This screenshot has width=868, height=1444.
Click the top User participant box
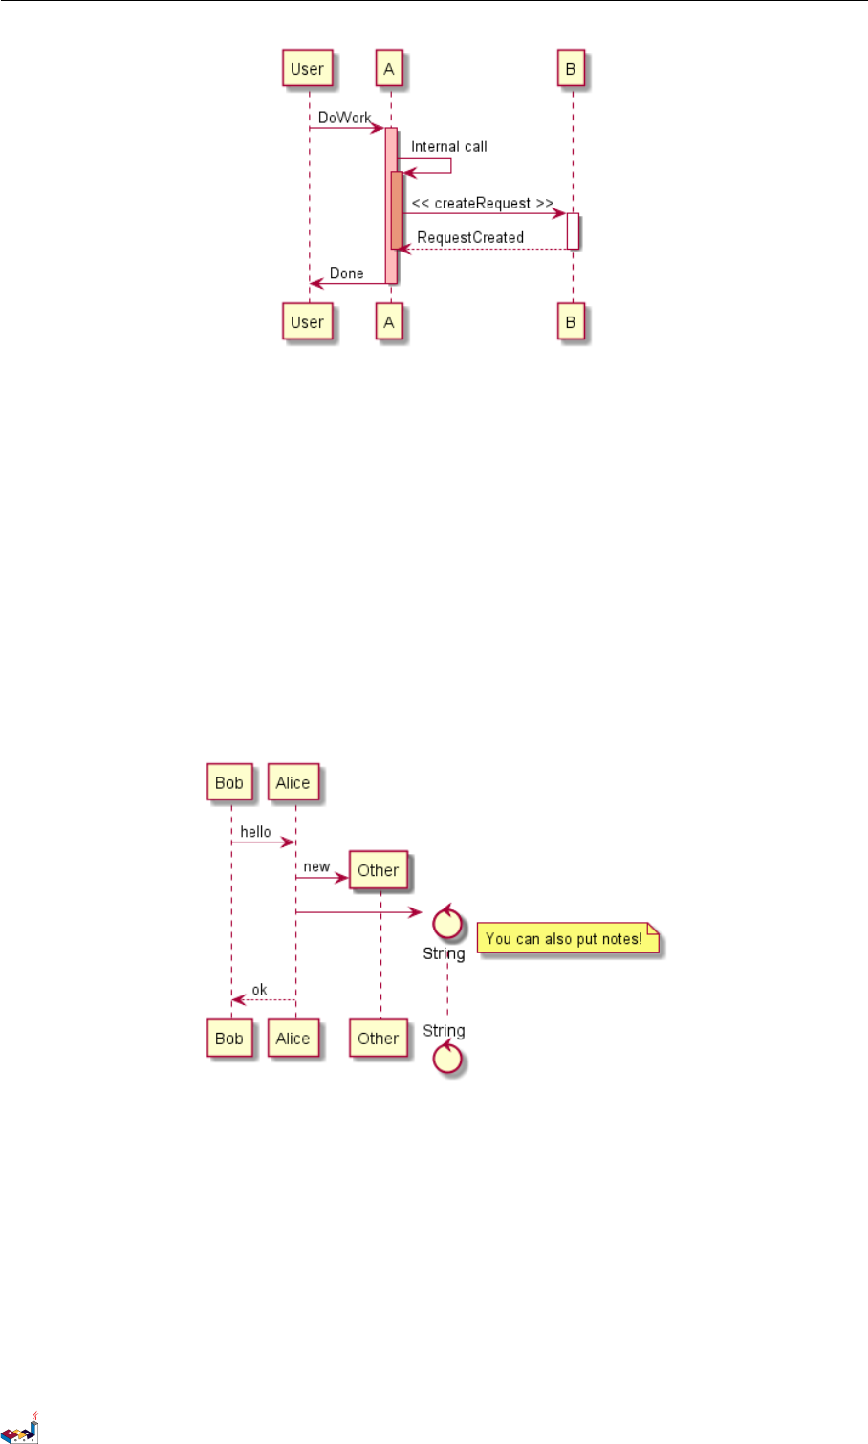(x=307, y=69)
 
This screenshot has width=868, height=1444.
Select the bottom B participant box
(x=571, y=322)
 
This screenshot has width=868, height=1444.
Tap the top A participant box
(x=388, y=69)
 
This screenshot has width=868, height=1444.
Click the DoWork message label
(x=344, y=118)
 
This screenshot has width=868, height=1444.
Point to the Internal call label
(x=448, y=146)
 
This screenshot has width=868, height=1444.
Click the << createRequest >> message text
(x=482, y=203)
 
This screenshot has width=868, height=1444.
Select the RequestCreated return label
(x=470, y=237)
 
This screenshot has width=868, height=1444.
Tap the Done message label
(x=346, y=273)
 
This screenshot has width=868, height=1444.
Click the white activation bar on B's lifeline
(x=573, y=230)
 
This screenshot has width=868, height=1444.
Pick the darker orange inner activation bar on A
(x=397, y=210)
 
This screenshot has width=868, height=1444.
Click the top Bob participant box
(x=229, y=782)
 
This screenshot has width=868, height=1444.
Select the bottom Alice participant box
(x=293, y=1039)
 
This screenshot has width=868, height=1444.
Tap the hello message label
(x=255, y=832)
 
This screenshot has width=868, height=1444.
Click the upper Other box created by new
(x=378, y=870)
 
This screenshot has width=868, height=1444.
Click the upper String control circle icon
(x=447, y=924)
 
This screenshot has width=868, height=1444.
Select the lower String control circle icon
(x=447, y=1058)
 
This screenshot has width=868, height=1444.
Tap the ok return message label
(x=259, y=990)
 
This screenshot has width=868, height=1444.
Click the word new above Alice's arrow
(x=316, y=866)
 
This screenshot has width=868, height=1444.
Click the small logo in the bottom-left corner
(x=20, y=1428)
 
